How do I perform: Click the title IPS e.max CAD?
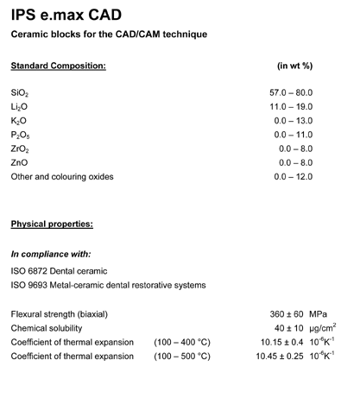pyautogui.click(x=61, y=15)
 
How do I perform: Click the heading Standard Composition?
pyautogui.click(x=58, y=66)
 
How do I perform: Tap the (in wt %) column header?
pyautogui.click(x=294, y=66)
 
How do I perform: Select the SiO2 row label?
pyautogui.click(x=19, y=92)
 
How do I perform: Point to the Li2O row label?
pyautogui.click(x=19, y=105)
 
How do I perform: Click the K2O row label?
pyautogui.click(x=19, y=120)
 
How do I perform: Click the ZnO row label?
pyautogui.click(x=19, y=162)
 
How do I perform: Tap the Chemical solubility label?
pyautogui.click(x=47, y=327)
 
